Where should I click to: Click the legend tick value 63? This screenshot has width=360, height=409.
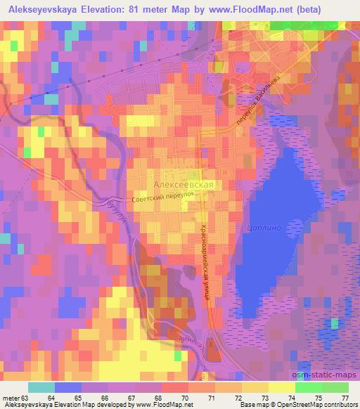coord(26,398)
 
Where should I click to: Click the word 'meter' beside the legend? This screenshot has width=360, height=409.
coord(11,398)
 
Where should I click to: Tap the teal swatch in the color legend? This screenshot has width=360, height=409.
coord(42,387)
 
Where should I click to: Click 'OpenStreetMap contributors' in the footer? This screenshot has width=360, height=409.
coord(317,405)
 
